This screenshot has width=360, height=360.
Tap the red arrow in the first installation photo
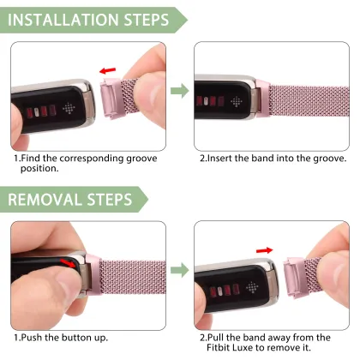tap(108, 71)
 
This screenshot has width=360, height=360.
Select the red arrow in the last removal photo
tap(266, 250)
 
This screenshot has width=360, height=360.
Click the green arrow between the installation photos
tap(180, 89)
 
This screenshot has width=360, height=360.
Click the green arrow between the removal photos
tap(180, 272)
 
